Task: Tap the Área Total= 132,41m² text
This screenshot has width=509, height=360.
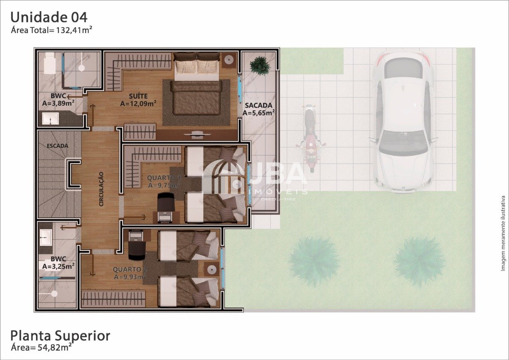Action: [52, 30]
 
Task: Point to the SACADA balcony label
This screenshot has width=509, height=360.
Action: [258, 105]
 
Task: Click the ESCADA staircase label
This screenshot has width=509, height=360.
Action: [57, 146]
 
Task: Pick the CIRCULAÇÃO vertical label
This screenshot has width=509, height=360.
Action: [101, 188]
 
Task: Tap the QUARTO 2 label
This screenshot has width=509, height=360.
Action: [129, 270]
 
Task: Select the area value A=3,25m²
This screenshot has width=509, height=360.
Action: [59, 266]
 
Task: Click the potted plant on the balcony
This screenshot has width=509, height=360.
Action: [260, 65]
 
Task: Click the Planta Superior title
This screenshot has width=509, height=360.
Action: [60, 336]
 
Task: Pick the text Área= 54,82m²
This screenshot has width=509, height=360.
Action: [41, 348]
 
